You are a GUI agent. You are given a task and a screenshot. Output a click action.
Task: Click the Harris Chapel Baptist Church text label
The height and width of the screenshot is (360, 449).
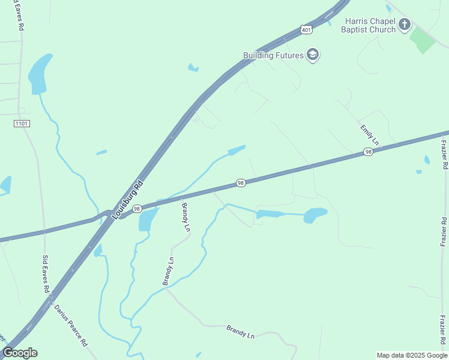point(369,25)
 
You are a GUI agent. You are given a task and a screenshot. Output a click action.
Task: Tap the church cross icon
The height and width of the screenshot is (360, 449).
point(405,25)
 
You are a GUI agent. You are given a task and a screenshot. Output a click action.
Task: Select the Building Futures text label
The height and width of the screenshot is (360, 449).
point(274,55)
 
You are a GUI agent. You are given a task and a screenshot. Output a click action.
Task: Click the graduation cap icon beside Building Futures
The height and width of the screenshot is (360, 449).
point(312,55)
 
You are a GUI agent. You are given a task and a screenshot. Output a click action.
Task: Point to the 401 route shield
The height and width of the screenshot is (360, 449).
point(307,29)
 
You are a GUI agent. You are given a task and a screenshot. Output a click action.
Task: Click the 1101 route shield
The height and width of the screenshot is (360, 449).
point(21,123)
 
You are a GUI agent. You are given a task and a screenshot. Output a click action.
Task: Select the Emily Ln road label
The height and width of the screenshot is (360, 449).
point(369,135)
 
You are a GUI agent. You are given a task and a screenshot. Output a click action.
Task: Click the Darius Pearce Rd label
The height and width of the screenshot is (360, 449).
point(71,325)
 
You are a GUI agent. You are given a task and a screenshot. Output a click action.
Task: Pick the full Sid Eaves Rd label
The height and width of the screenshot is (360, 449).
point(46,274)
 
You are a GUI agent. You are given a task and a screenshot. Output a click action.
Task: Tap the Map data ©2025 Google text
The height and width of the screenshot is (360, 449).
point(412,355)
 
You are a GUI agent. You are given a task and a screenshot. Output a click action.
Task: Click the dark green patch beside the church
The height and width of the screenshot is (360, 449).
point(423,40)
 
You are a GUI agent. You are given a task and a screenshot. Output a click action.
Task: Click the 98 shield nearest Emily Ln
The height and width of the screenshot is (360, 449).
point(368,153)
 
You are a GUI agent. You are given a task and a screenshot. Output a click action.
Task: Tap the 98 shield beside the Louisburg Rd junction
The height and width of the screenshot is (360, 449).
point(137,209)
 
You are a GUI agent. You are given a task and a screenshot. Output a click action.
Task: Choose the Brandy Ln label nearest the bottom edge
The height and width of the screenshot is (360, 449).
point(240,332)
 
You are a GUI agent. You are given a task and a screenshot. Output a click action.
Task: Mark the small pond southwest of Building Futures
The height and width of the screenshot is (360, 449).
point(193,68)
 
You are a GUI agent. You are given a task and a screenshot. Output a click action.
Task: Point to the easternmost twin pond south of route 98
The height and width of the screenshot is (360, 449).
point(315,215)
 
